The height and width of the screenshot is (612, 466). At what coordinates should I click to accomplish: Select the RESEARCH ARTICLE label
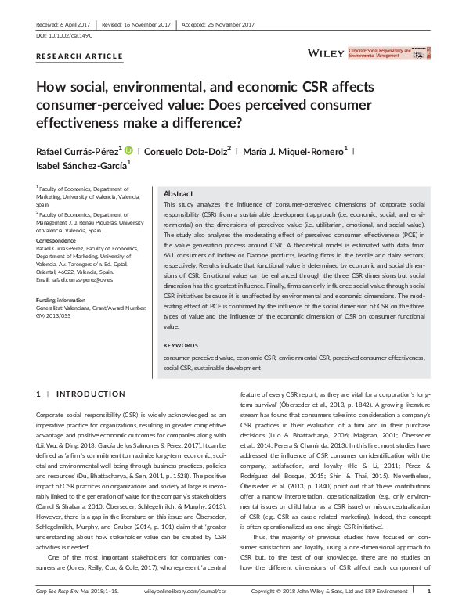click(79, 56)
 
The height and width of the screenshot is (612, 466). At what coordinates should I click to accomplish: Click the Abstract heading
click(178, 193)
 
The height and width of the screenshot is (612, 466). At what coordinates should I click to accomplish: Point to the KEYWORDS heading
click(179, 344)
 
